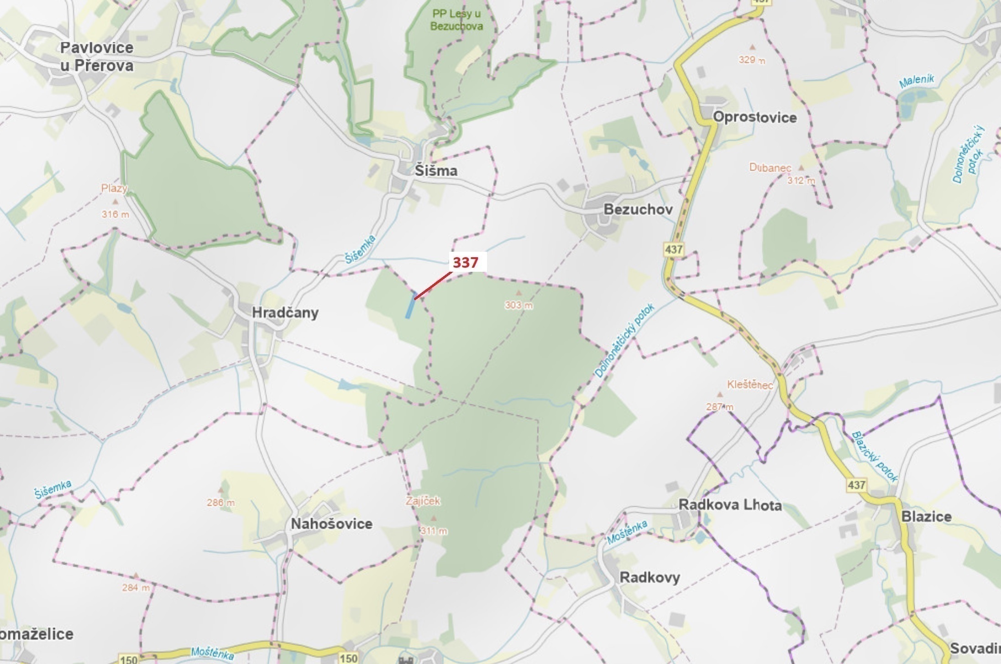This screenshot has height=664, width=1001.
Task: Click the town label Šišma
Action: [436, 171]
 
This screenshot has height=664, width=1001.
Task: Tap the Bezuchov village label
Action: [638, 210]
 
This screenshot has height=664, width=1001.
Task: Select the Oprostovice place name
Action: [755, 118]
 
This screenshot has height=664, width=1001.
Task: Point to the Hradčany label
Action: [285, 313]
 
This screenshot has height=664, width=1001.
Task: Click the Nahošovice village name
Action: [331, 524]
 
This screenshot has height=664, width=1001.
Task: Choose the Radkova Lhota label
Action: [730, 505]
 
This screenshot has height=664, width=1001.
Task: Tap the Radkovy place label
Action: [650, 577]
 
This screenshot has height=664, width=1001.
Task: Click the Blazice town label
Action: [926, 517]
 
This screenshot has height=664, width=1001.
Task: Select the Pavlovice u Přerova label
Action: [97, 57]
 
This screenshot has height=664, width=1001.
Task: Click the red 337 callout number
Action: [466, 262]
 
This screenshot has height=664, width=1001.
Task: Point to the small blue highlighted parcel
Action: [410, 305]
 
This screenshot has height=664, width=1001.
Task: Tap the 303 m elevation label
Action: [519, 305]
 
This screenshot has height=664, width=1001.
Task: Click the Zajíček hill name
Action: [423, 501]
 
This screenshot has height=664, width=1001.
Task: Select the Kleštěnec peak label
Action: [750, 385]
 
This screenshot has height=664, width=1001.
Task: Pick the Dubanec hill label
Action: [770, 168]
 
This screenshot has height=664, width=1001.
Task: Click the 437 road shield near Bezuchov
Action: [674, 249]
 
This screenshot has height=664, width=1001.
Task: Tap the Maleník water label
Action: [916, 81]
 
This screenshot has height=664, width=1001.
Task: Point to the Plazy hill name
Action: [114, 188]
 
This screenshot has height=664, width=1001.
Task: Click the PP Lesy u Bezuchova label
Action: [456, 20]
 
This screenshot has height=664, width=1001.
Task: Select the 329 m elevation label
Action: [752, 60]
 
